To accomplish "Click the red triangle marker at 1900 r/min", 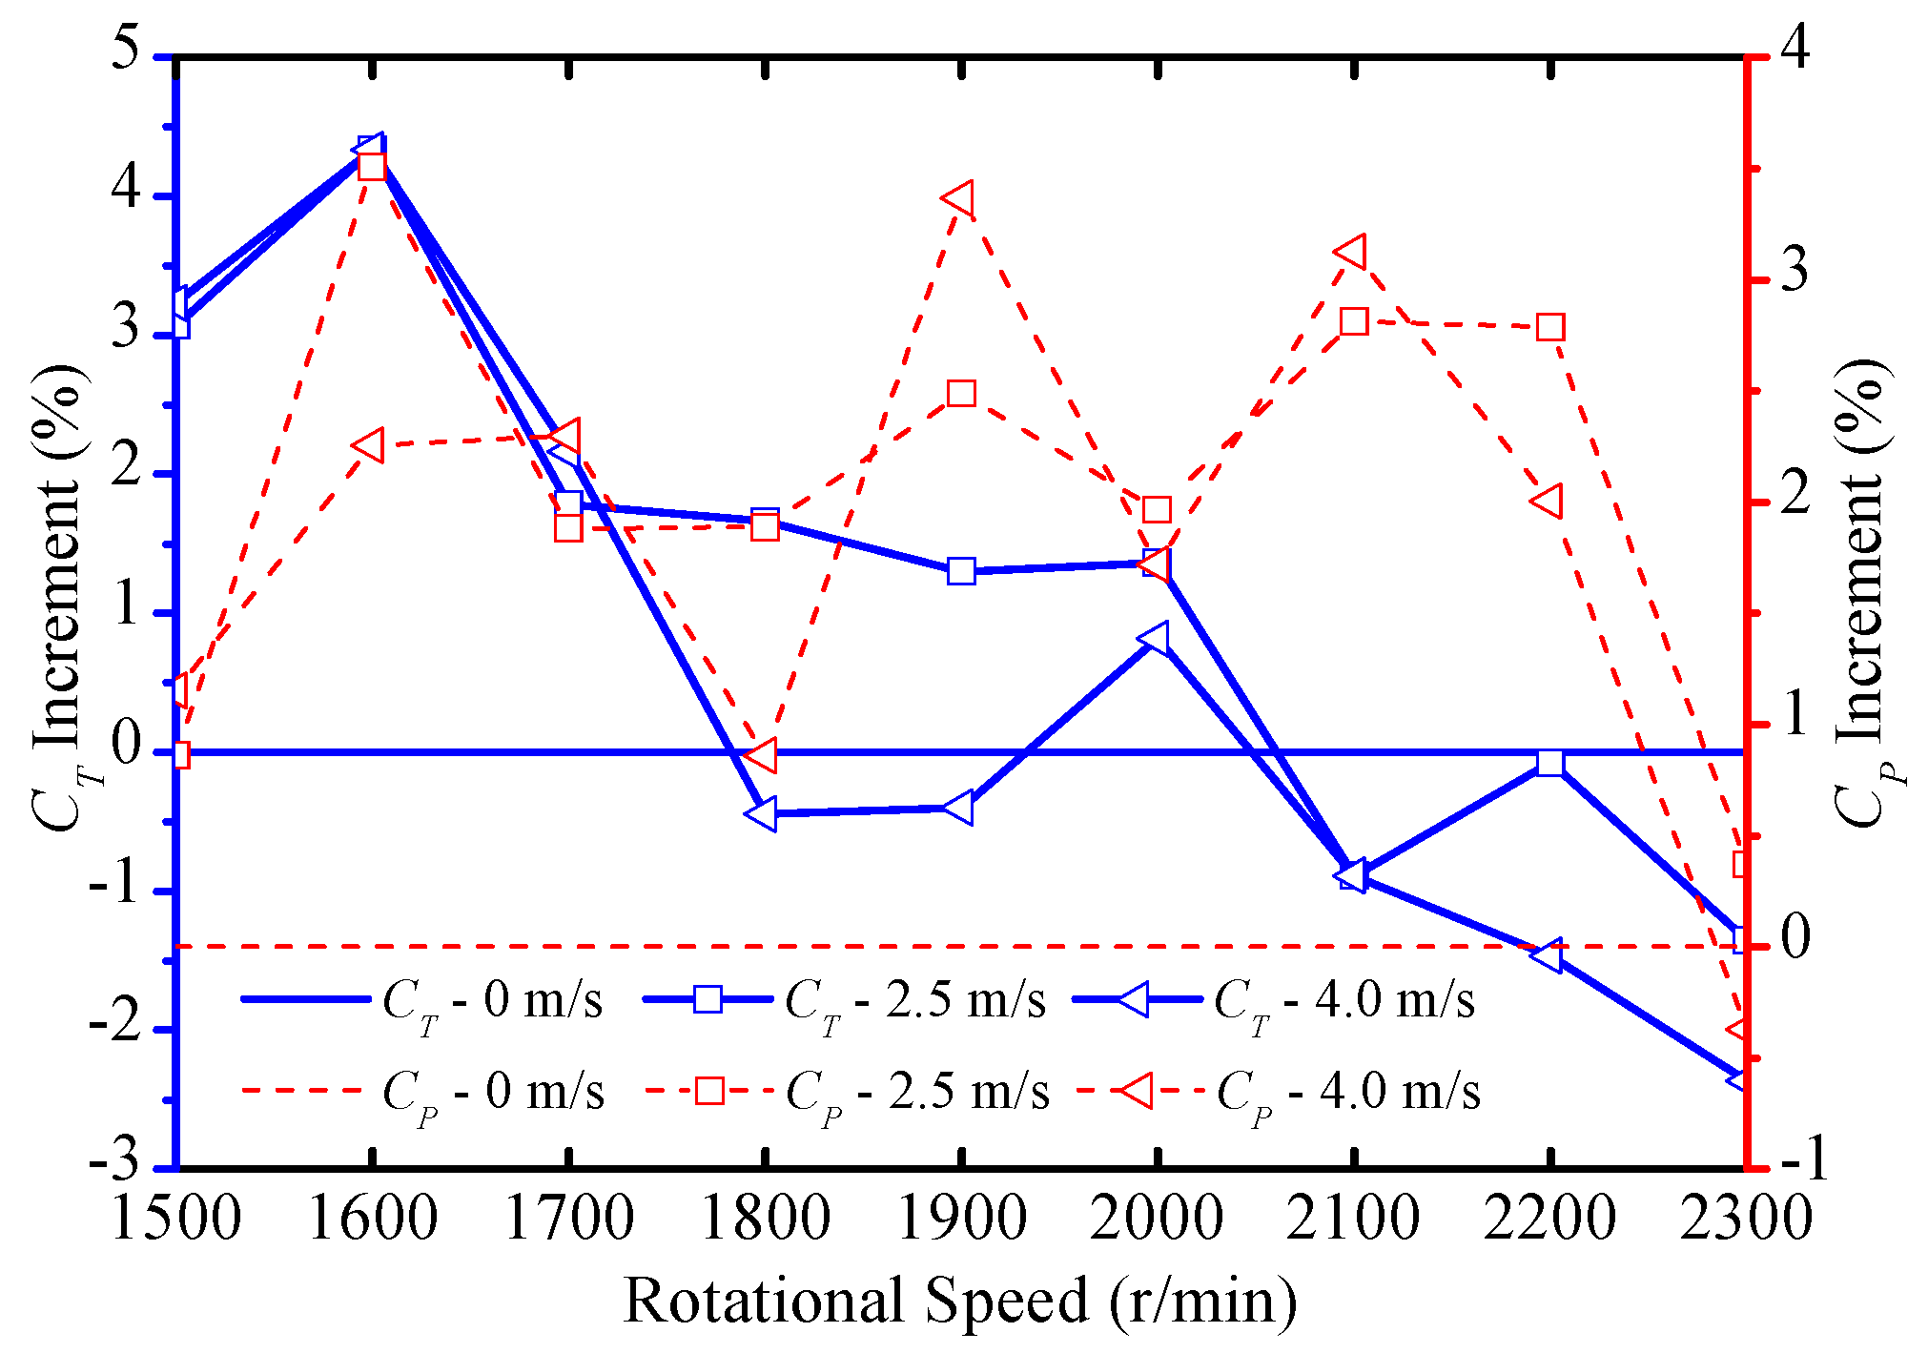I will [x=959, y=200].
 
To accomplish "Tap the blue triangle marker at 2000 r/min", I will [x=1156, y=637].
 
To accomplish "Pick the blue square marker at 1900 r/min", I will [x=961, y=571].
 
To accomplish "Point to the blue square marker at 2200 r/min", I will [x=1550, y=763].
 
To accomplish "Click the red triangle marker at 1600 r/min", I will [x=368, y=445].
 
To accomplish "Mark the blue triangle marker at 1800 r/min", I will [x=763, y=814].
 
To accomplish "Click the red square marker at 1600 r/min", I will [x=372, y=167].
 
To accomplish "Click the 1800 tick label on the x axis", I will [x=764, y=1220].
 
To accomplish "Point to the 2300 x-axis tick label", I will [x=1745, y=1220].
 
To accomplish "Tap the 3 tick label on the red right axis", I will [x=1794, y=271].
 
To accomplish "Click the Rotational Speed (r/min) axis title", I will [x=960, y=1301].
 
